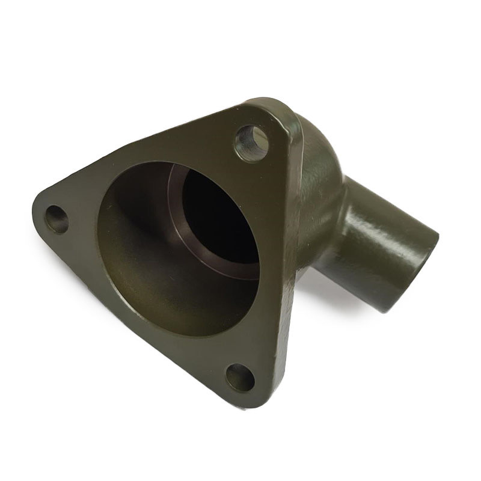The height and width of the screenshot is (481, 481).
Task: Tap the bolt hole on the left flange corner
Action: (x=57, y=219)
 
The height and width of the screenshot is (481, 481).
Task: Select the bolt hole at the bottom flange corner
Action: (x=240, y=378)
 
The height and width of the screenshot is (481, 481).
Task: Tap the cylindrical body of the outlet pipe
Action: (x=385, y=240)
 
